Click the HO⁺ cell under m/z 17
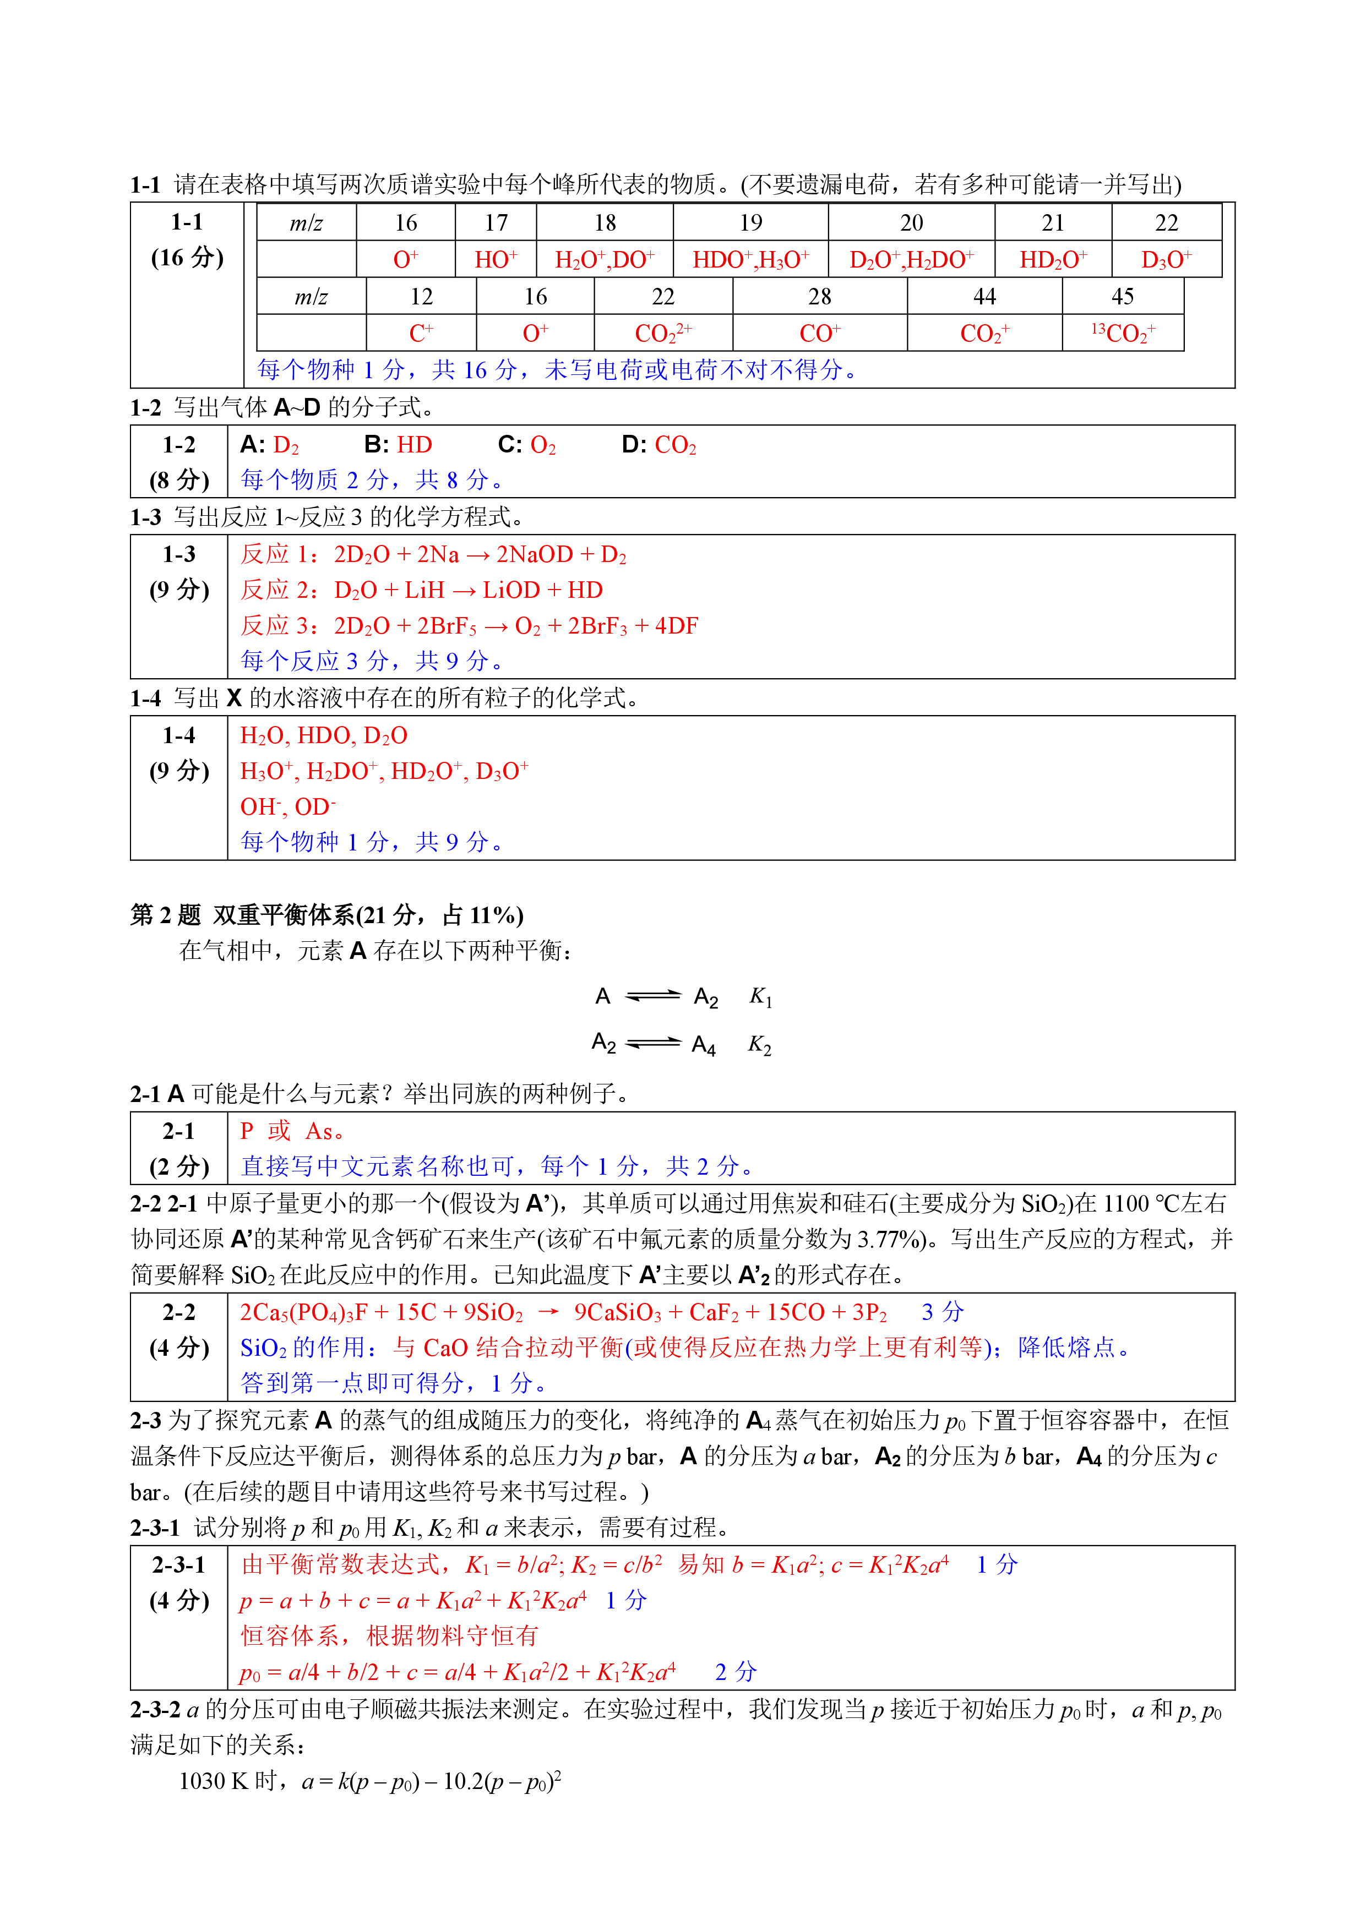pos(496,260)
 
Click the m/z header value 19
pos(750,223)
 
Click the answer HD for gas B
pos(415,445)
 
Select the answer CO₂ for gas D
pos(676,445)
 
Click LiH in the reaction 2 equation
pos(424,591)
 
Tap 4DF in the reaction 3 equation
pos(676,626)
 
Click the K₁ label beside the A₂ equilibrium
pos(760,997)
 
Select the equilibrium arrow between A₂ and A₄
pos(654,1044)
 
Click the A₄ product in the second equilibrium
pos(703,1045)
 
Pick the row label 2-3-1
pos(178,1564)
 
